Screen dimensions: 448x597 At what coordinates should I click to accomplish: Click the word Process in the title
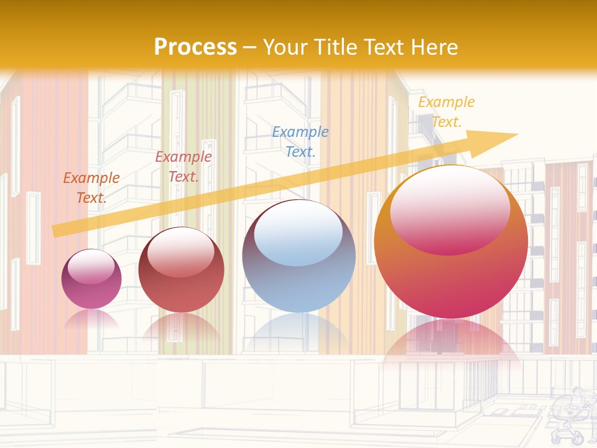[x=195, y=47]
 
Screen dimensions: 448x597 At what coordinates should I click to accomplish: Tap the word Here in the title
[x=435, y=47]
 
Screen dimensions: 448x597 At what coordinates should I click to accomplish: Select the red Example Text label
[x=183, y=167]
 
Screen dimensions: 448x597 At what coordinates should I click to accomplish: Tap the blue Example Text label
[x=300, y=141]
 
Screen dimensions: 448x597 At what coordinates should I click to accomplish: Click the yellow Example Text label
[x=447, y=112]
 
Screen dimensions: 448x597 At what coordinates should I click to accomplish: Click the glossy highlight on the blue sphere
[x=298, y=233]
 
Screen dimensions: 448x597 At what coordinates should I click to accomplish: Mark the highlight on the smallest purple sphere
[x=91, y=266]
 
